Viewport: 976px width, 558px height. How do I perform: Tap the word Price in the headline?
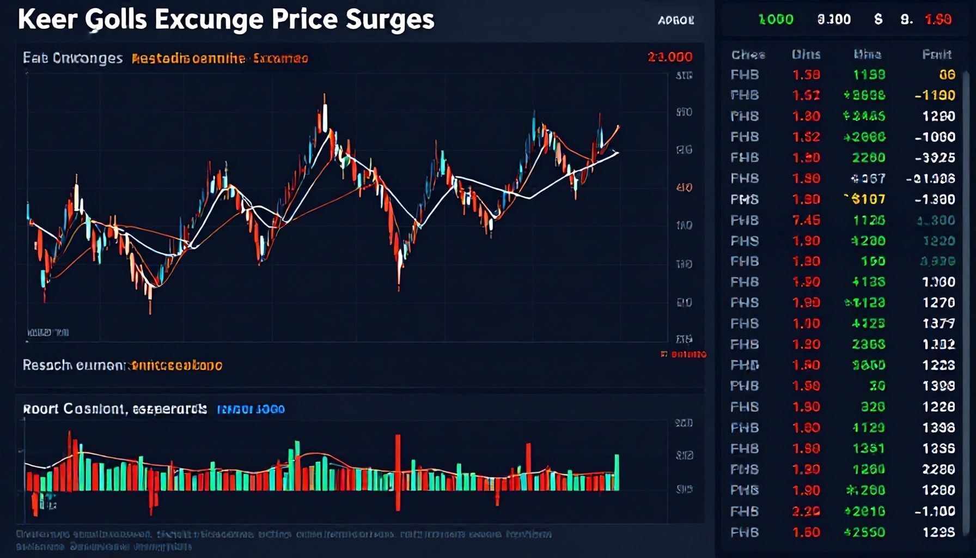click(x=304, y=20)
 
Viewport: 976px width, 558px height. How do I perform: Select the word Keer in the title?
click(x=47, y=20)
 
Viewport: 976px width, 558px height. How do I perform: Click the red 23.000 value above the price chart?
click(x=670, y=57)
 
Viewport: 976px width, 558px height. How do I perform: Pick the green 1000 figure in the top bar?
click(x=776, y=20)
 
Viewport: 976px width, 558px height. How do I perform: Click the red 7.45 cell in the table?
click(x=806, y=220)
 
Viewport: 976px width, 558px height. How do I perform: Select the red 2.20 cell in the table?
click(x=806, y=511)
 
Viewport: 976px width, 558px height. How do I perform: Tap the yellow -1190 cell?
click(x=935, y=95)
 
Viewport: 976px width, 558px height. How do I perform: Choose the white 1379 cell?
click(x=938, y=324)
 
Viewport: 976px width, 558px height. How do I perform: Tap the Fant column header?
click(x=937, y=54)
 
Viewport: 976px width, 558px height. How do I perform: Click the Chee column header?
click(x=748, y=54)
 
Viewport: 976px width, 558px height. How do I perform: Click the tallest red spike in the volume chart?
click(x=398, y=471)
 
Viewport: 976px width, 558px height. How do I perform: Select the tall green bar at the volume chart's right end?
click(x=617, y=472)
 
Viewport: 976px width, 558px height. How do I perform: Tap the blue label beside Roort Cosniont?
click(x=251, y=409)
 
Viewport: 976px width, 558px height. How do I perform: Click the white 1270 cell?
click(x=938, y=302)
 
